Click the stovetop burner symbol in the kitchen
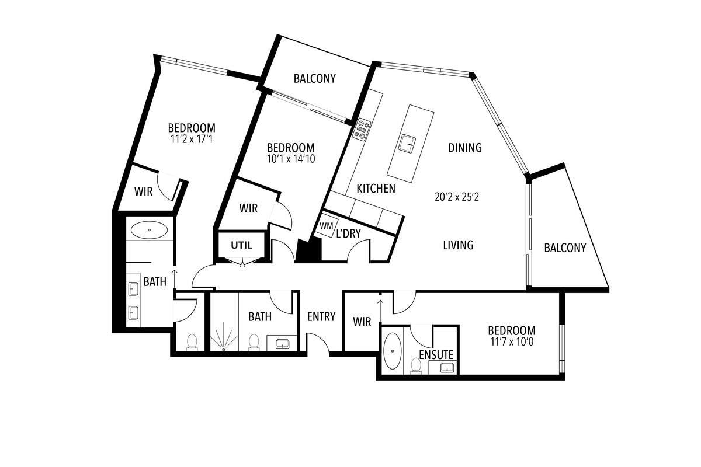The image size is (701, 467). tap(362, 128)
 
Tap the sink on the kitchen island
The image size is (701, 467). tap(408, 144)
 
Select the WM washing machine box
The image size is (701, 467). tap(326, 226)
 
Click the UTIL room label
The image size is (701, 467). tap(242, 245)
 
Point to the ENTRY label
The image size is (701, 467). tap(321, 317)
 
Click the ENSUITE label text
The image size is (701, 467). tap(436, 355)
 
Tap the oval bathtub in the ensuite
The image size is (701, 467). tap(393, 351)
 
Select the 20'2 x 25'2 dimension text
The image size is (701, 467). tap(457, 197)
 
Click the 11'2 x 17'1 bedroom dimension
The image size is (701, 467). tap(192, 139)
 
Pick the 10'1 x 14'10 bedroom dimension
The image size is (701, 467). tap(291, 159)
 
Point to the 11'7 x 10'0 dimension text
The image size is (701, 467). tap(512, 342)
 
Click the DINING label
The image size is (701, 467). tap(465, 148)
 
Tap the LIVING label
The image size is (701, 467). tap(458, 245)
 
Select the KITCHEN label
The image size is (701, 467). tap(376, 189)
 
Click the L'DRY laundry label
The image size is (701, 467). tap(348, 233)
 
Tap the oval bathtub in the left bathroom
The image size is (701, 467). tap(150, 230)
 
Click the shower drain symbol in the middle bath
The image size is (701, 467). tap(223, 350)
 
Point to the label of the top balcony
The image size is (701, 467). tap(314, 78)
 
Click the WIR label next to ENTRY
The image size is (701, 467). tap(362, 322)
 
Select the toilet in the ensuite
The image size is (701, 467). tap(416, 366)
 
